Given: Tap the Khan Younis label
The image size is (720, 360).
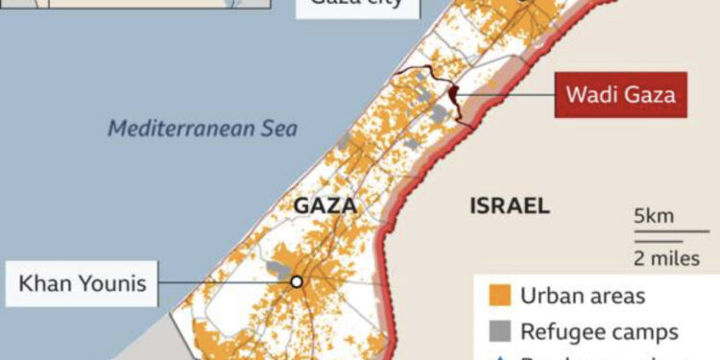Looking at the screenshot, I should point(83,283).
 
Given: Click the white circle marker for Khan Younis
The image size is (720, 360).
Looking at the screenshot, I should point(297,282).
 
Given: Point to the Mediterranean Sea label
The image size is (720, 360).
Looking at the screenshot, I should point(203,128).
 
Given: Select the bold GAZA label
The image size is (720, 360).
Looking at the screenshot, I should point(324,206).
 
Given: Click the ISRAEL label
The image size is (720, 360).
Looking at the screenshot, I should point(510,205).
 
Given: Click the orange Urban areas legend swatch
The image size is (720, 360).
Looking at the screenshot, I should point(497,296).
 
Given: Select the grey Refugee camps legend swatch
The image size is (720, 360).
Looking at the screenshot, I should point(497,332).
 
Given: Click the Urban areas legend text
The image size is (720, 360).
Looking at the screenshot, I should point(583,296).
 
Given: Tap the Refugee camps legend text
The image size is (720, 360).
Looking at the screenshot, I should point(599,332).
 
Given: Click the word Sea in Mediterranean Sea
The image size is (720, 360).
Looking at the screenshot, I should point(278,128).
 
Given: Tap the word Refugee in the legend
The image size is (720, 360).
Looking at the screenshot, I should point(559,332).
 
